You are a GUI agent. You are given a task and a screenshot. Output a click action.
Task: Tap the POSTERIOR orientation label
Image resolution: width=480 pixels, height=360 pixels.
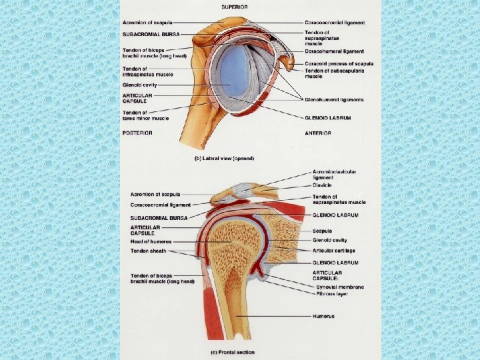pyautogui.click(x=137, y=133)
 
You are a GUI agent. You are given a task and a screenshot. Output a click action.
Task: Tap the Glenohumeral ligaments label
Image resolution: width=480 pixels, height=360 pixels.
pyautogui.click(x=334, y=99)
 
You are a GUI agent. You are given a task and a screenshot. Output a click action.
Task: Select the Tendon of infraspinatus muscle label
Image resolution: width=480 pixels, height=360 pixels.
pyautogui.click(x=146, y=72)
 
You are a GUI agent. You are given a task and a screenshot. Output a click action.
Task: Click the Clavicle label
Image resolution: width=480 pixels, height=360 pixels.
pyautogui.click(x=323, y=186)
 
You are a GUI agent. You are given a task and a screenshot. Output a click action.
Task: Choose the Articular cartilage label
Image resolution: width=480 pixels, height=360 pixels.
pyautogui.click(x=334, y=250)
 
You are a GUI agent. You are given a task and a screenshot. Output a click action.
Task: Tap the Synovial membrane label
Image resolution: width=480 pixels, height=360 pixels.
pyautogui.click(x=341, y=286)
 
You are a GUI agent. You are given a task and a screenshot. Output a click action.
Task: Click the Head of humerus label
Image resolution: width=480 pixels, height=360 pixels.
pyautogui.click(x=151, y=241)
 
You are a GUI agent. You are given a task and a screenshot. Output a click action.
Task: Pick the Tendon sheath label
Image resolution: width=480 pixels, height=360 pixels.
pyautogui.click(x=149, y=251)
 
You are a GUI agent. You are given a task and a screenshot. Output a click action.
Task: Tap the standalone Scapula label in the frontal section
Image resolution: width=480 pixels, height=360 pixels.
pyautogui.click(x=323, y=231)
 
